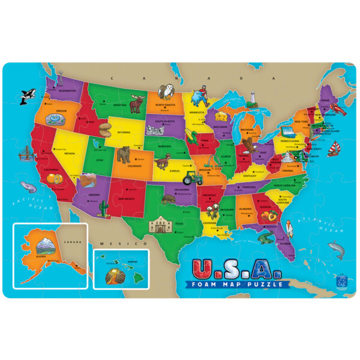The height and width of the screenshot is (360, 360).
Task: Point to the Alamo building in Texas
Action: point(161,226)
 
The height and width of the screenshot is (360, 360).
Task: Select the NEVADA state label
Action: point(70,153)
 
